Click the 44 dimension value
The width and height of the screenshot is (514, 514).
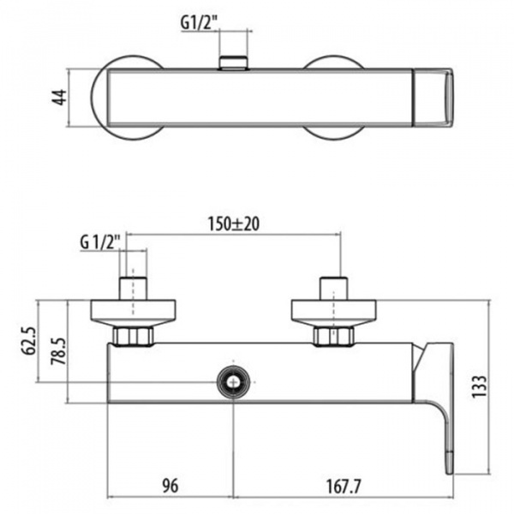[60, 98]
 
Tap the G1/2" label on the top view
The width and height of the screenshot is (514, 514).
[200, 23]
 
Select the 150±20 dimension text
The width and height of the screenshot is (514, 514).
[234, 224]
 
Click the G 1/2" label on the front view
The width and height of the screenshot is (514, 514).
[100, 242]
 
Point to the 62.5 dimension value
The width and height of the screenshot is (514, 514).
[28, 340]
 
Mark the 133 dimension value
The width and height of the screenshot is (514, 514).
[479, 387]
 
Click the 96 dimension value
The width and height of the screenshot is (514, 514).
[170, 486]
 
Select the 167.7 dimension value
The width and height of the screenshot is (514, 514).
[344, 487]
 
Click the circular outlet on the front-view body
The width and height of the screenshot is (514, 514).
[233, 382]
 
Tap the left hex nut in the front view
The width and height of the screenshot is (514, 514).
[133, 336]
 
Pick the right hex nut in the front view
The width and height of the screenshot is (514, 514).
[333, 336]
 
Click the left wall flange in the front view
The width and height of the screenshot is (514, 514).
[133, 313]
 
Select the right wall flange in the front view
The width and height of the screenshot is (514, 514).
[334, 313]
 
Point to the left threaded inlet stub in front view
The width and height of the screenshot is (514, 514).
[133, 289]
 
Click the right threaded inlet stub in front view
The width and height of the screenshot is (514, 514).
[334, 289]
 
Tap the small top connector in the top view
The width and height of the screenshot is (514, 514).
[233, 63]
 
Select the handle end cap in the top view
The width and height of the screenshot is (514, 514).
[433, 98]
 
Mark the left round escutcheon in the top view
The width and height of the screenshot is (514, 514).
[126, 98]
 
